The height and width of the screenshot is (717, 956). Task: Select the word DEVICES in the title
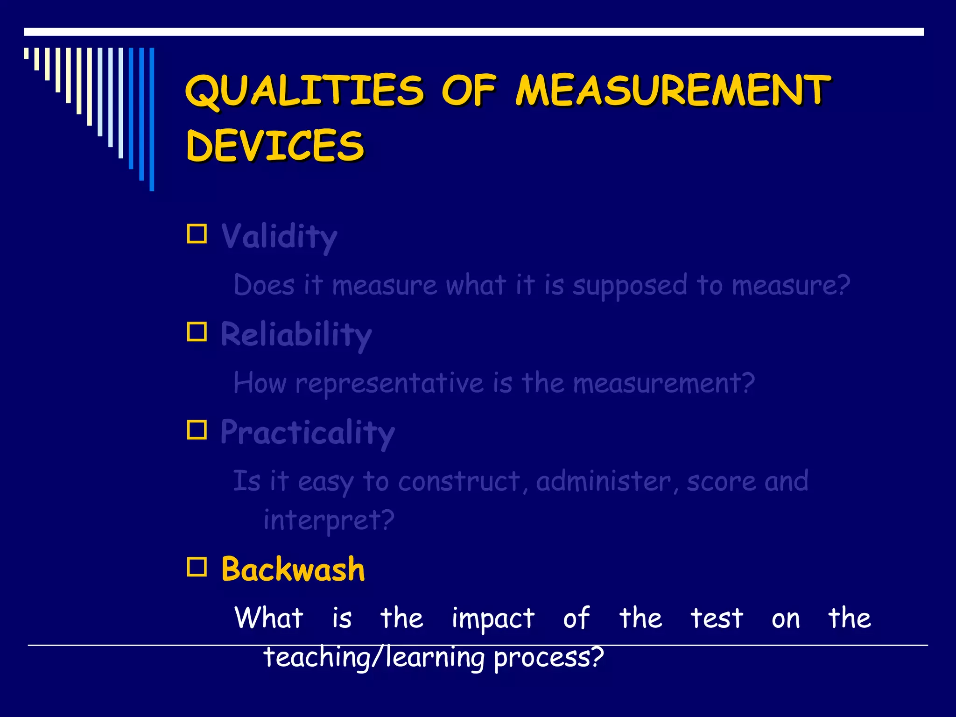pos(275,146)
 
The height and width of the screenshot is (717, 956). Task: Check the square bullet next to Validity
pos(197,234)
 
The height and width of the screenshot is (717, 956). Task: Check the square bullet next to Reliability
pos(197,332)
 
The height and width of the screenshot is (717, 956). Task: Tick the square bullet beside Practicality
pos(197,430)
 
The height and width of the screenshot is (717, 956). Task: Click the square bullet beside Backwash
pos(197,567)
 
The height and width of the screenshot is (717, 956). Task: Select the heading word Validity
pos(279,237)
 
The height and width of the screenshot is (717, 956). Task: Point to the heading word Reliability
pos(296,335)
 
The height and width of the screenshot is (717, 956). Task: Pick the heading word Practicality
pos(308,433)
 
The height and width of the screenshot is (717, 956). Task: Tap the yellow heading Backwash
pos(293,569)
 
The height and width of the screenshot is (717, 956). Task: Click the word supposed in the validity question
pos(630,286)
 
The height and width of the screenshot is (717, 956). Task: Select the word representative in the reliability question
pos(389,384)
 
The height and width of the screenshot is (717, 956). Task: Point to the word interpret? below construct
pos(329,520)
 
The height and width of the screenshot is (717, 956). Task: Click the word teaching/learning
pos(374,657)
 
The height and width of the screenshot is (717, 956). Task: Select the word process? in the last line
pos(548,657)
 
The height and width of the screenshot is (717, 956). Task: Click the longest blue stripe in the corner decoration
pos(152,119)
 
